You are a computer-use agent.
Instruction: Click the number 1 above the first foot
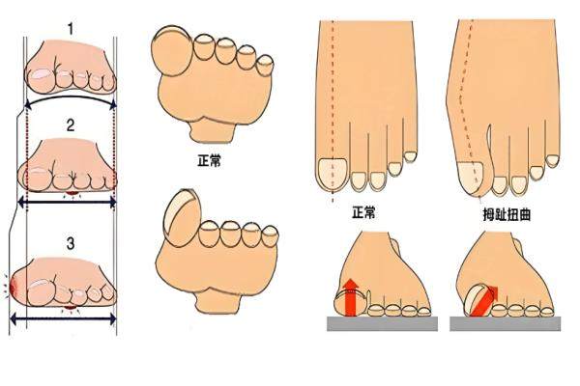[70, 30]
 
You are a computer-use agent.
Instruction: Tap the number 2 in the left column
[70, 124]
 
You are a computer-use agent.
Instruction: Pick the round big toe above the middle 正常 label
[173, 53]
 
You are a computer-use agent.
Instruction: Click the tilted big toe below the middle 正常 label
[178, 213]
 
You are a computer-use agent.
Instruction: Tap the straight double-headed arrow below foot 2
[68, 202]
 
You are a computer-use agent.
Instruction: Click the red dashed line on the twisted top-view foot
[461, 96]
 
